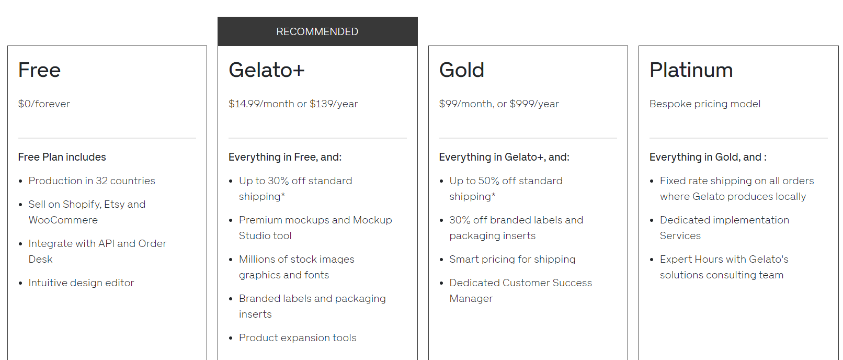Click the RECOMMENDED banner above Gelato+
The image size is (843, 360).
[x=317, y=31]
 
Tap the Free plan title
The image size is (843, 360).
[x=39, y=70]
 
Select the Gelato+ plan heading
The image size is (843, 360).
[x=266, y=70]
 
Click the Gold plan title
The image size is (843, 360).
[x=461, y=70]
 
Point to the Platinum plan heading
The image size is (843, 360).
[x=691, y=70]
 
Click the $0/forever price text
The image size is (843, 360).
[x=44, y=104]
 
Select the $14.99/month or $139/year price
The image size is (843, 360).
[x=293, y=104]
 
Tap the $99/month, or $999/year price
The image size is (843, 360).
[x=498, y=104]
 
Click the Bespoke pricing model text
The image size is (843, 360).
[x=704, y=104]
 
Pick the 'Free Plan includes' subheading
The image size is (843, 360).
[x=62, y=157]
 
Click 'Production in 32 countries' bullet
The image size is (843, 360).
[x=92, y=181]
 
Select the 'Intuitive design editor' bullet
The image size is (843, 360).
[x=81, y=283]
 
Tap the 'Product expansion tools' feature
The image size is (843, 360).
[x=297, y=337]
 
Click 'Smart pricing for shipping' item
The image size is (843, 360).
[x=512, y=259]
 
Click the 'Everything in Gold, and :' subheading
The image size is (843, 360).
[x=708, y=157]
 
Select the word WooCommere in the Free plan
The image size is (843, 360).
[x=63, y=220]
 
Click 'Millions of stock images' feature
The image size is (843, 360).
[x=297, y=260]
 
